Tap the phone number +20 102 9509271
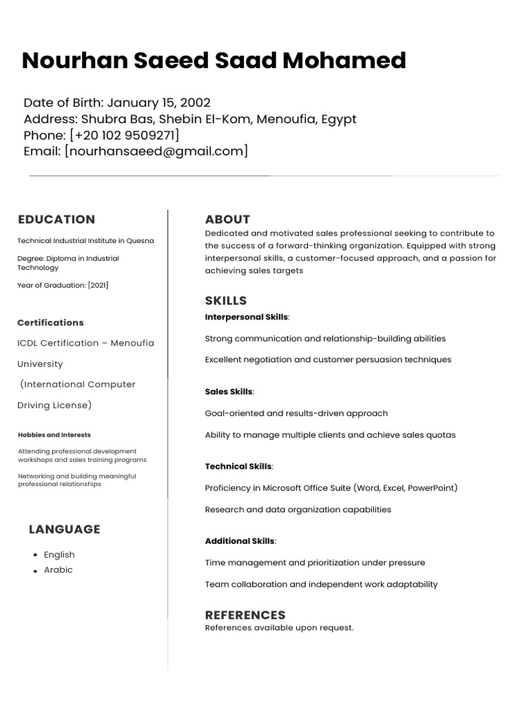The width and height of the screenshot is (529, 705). pyautogui.click(x=125, y=135)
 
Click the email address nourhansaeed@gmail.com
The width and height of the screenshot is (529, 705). pyautogui.click(x=156, y=151)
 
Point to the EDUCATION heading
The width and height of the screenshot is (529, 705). pyautogui.click(x=56, y=220)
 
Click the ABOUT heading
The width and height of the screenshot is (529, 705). pyautogui.click(x=227, y=220)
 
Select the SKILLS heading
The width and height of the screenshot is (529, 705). pyautogui.click(x=226, y=301)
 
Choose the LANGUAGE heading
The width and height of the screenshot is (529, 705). pyautogui.click(x=64, y=529)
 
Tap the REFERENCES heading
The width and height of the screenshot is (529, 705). pyautogui.click(x=245, y=615)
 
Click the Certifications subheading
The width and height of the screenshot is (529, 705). pyautogui.click(x=50, y=322)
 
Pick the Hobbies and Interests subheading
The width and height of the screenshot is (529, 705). pyautogui.click(x=54, y=435)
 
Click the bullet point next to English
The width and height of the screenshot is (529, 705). pyautogui.click(x=35, y=555)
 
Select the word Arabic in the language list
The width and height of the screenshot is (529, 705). pyautogui.click(x=58, y=570)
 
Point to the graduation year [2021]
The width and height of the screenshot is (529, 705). pyautogui.click(x=98, y=285)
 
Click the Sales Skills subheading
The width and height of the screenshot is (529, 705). pyautogui.click(x=229, y=392)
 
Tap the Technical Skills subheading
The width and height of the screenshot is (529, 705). pyautogui.click(x=238, y=467)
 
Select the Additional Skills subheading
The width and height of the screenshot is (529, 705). pyautogui.click(x=239, y=541)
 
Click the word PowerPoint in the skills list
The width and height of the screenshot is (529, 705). pyautogui.click(x=431, y=488)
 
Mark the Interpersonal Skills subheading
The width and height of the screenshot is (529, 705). pyautogui.click(x=247, y=317)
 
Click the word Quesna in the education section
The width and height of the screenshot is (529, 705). pyautogui.click(x=140, y=241)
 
